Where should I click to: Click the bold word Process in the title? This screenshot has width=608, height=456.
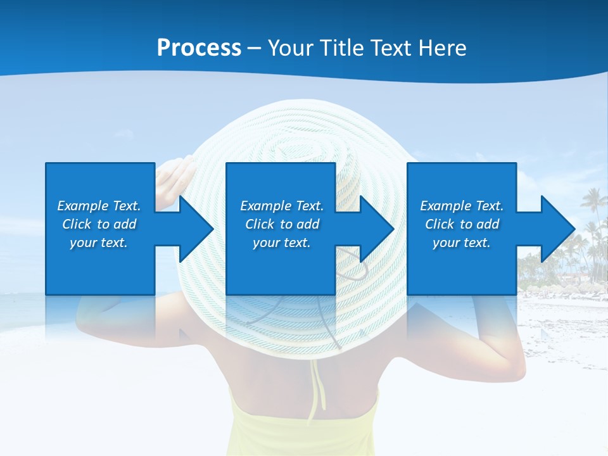[x=199, y=48]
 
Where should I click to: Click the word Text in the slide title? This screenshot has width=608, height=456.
[x=390, y=48]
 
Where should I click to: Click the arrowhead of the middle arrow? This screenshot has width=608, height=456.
[x=376, y=229]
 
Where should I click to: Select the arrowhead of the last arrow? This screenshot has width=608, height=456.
[x=557, y=229]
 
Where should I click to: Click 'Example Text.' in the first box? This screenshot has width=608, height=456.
[x=99, y=206]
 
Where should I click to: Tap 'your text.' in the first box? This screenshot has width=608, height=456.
[x=99, y=243]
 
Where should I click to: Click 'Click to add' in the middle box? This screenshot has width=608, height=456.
[x=282, y=224]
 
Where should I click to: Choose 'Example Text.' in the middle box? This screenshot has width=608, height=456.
[x=282, y=206]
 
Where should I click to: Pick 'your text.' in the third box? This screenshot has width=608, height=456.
[x=462, y=243]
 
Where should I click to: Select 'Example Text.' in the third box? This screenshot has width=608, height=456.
[x=462, y=206]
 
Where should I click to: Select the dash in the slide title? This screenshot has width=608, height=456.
[x=254, y=48]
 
